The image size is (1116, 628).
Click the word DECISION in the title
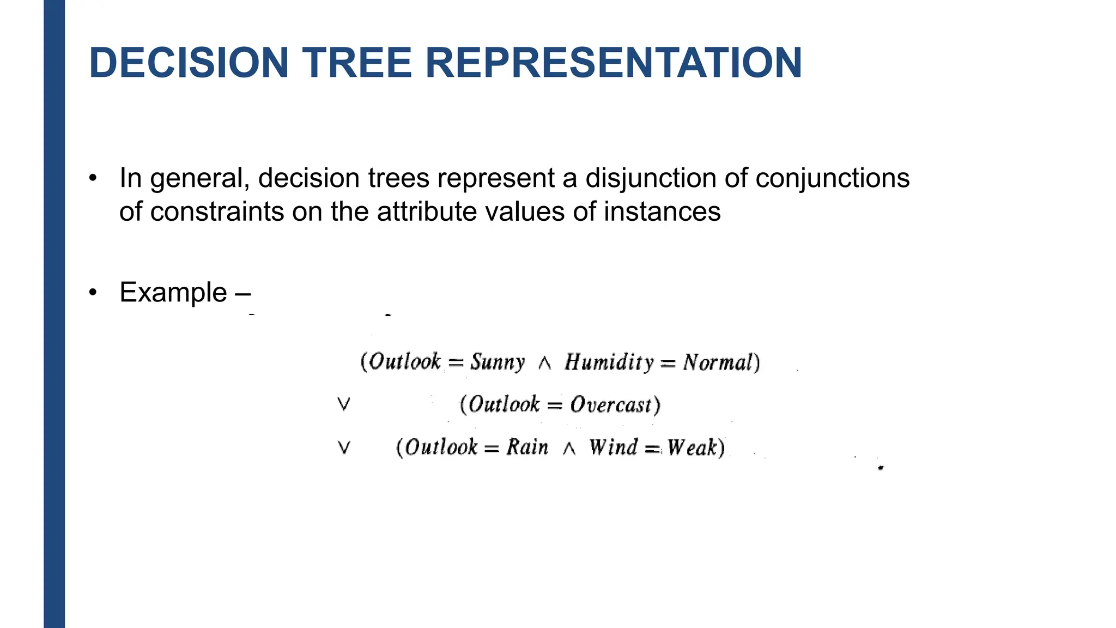point(189,63)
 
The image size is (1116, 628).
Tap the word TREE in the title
point(356,63)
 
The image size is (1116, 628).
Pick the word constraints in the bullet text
point(217,212)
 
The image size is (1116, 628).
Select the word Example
point(173,293)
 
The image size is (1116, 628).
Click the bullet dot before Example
point(93,293)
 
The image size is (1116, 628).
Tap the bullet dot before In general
point(93,178)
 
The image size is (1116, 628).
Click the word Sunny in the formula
point(498,362)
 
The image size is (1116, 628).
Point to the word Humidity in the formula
point(609,362)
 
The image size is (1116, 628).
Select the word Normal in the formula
point(718,363)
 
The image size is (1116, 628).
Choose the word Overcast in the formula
point(611,405)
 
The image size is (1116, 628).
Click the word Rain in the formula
point(527,448)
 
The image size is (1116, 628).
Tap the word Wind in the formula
point(613,448)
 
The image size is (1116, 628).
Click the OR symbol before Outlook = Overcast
point(343,404)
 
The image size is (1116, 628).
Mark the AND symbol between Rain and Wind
point(568,449)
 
